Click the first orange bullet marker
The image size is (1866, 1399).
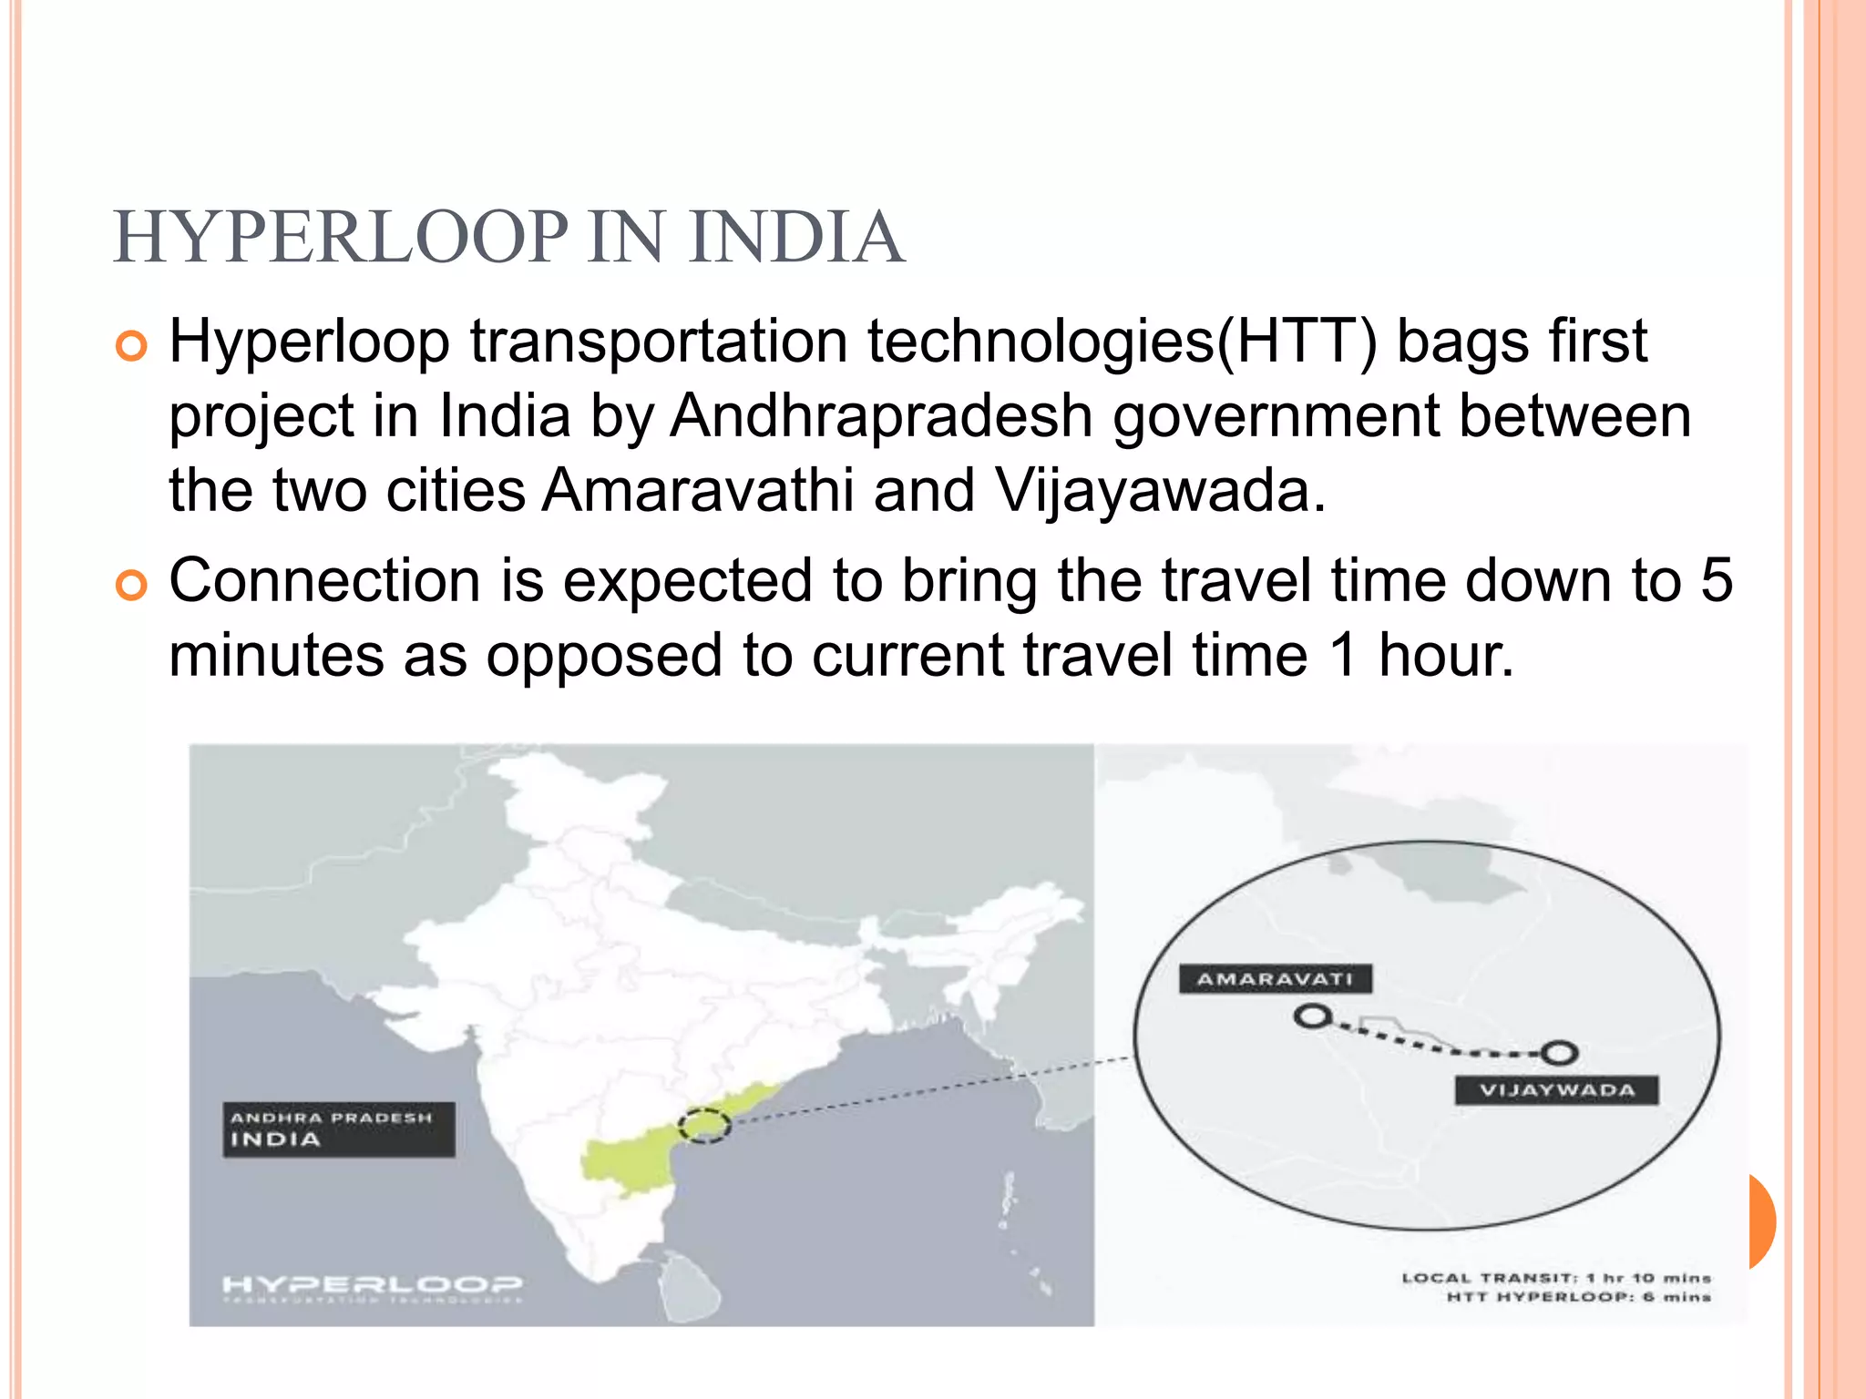tap(132, 347)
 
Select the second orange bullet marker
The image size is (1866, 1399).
tap(132, 586)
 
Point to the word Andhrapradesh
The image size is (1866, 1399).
tap(881, 416)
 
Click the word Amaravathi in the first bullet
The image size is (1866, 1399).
tap(698, 491)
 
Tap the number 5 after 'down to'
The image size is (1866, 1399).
tap(1717, 580)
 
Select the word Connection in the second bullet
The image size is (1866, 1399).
tap(324, 580)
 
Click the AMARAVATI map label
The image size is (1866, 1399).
tap(1275, 979)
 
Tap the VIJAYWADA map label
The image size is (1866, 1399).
tap(1556, 1090)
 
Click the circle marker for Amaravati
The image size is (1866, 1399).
tap(1312, 1016)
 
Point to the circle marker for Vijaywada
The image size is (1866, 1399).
tap(1560, 1054)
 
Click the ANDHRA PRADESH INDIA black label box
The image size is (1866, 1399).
tap(338, 1129)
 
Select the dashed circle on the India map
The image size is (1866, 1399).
tap(705, 1126)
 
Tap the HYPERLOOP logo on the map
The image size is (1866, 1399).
tap(373, 1285)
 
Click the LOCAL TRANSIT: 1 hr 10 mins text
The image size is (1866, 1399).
tap(1556, 1278)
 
